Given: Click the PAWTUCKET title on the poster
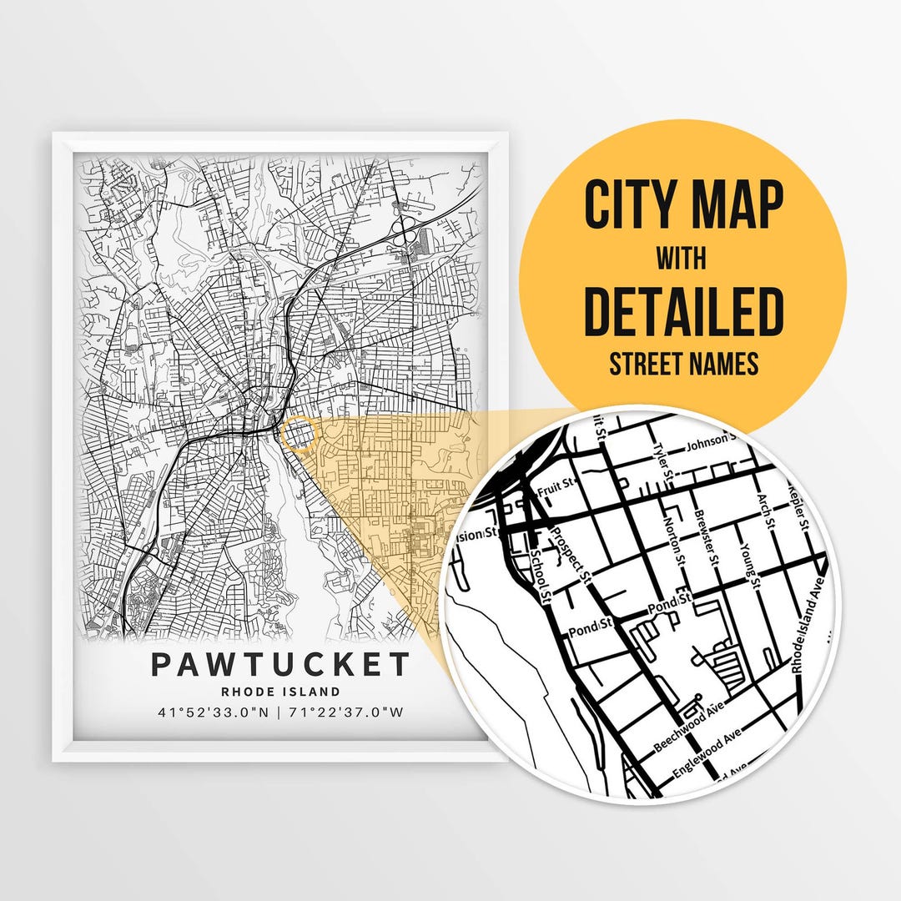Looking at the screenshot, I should (x=281, y=664).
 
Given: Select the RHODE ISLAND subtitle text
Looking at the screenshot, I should (x=281, y=692).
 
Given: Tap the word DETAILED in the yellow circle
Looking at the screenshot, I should (x=682, y=311).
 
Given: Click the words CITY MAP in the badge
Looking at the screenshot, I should (x=683, y=205).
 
